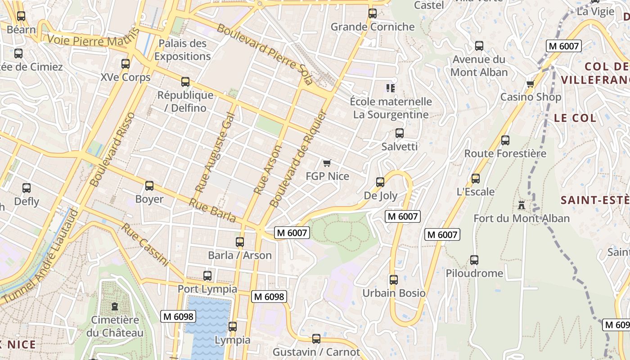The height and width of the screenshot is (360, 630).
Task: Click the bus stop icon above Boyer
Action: (149, 185)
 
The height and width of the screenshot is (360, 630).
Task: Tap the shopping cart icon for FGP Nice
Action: (327, 163)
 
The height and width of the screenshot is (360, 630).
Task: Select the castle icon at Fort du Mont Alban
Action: (522, 205)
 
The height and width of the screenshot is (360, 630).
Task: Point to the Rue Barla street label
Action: (212, 211)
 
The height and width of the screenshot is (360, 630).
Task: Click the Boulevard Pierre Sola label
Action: (265, 54)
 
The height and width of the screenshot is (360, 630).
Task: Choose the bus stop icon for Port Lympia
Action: (207, 275)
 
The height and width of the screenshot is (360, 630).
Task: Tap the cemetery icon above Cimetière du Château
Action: (115, 307)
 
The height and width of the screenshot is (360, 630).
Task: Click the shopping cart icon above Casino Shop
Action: (530, 84)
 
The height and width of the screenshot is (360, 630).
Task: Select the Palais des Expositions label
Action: (182, 50)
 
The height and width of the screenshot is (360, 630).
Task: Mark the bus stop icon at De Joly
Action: (380, 182)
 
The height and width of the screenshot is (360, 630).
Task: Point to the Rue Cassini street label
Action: (145, 245)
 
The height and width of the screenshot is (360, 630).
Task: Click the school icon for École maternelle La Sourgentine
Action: (390, 88)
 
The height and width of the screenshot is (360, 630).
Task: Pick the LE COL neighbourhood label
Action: (575, 118)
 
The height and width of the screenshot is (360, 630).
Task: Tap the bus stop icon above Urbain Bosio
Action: (394, 279)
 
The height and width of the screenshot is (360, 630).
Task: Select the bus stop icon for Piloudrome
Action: (474, 260)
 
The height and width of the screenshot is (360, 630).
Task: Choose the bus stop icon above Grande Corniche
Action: (372, 13)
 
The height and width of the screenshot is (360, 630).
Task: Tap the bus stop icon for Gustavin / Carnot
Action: (316, 338)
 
